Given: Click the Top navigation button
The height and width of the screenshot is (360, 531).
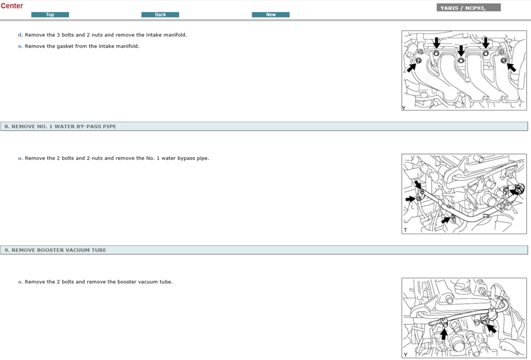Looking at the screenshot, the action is tap(50, 14).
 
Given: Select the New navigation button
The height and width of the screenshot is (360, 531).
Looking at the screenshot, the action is tap(271, 14).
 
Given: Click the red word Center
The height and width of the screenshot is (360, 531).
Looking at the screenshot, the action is tap(12, 6).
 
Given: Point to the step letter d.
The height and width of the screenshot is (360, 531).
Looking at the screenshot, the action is tap(20, 35).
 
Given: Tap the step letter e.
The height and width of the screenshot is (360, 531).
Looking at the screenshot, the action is tap(20, 46).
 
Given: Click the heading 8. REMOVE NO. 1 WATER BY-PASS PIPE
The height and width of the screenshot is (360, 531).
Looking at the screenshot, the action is tap(61, 126).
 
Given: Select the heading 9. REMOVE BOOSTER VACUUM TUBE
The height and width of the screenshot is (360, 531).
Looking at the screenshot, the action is tap(55, 250).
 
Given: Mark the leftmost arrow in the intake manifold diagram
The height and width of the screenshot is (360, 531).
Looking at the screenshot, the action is tap(412, 67).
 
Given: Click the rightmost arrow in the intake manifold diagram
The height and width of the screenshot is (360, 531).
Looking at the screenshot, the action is tap(511, 67).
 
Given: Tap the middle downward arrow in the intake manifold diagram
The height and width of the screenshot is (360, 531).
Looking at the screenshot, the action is tap(461, 51).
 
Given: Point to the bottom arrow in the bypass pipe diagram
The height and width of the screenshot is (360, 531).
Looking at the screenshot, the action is tap(446, 220).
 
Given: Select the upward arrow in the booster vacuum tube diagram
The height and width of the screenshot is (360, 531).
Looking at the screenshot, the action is tap(443, 334).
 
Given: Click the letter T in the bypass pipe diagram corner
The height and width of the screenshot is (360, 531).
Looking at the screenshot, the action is tap(405, 230).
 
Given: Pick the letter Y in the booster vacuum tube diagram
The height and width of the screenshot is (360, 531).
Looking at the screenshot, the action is tap(405, 355).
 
